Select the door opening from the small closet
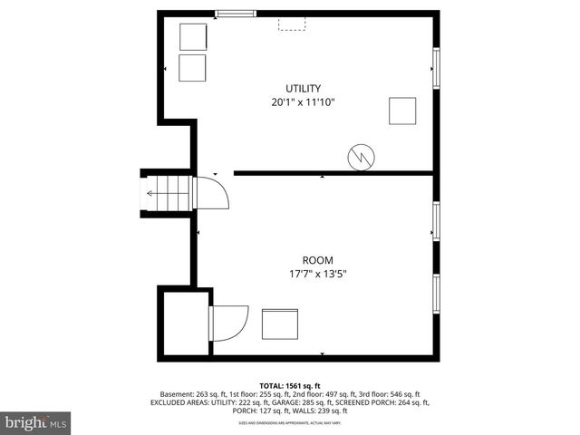click(229, 323)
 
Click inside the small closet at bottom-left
click(185, 324)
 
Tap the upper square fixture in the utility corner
click(193, 37)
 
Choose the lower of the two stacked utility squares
click(193, 68)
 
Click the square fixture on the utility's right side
click(402, 110)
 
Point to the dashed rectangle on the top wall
click(291, 24)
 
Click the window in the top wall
click(235, 14)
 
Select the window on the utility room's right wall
click(436, 68)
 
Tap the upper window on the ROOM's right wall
click(436, 221)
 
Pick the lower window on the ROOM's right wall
click(436, 295)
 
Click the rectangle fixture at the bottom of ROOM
click(280, 324)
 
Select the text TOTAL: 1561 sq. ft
click(290, 386)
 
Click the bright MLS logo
click(36, 422)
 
